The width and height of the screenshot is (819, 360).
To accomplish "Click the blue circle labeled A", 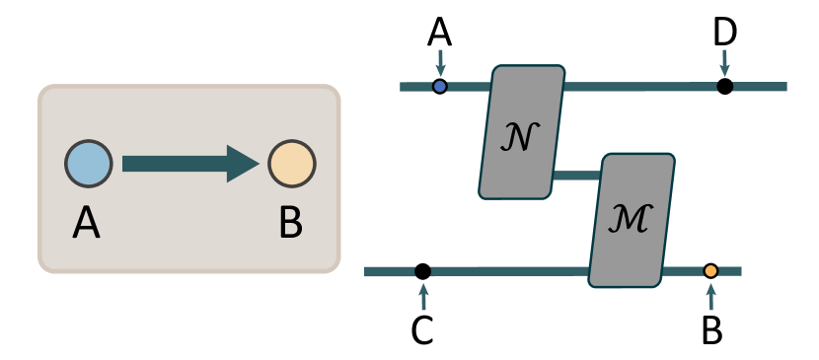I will click(89, 164).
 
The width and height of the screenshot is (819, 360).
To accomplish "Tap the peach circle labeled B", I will click(291, 164).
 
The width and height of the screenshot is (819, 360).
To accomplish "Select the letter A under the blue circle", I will click(86, 225).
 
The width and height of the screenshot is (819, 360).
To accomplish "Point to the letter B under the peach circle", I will click(290, 225).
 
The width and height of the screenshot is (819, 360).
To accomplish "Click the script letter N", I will click(520, 138).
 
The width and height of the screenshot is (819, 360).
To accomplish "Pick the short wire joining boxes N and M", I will click(574, 177).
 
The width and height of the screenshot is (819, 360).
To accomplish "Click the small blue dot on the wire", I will click(440, 87).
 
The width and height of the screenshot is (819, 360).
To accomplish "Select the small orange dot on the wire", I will click(710, 271).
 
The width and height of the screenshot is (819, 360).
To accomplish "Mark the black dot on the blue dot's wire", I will click(725, 87).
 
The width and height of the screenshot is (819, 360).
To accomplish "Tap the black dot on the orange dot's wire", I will click(423, 271).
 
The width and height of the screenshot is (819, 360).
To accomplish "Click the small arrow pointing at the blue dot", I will click(440, 62).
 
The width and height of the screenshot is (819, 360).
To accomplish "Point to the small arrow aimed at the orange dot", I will click(710, 296).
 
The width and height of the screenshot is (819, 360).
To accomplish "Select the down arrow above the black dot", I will click(725, 62).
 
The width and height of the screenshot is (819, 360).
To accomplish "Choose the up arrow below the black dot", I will click(423, 296).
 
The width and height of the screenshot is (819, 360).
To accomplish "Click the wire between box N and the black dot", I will click(641, 87).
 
